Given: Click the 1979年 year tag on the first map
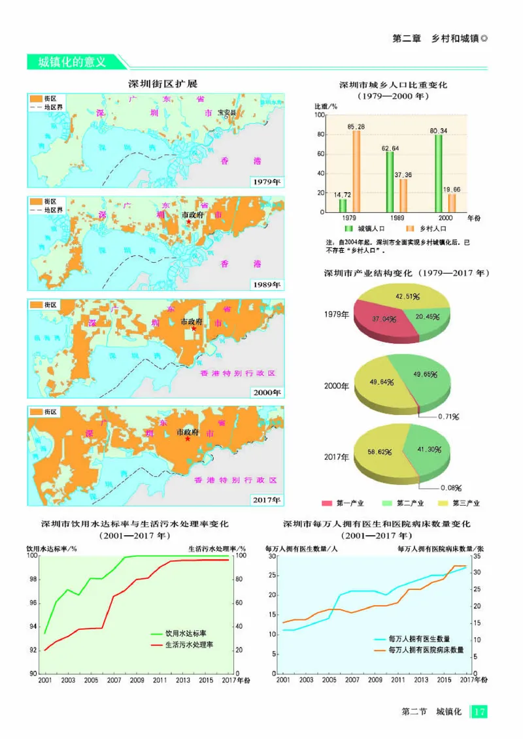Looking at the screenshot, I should (265, 182).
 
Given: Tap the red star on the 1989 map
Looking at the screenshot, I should (189, 222).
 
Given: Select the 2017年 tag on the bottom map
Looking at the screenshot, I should (265, 500).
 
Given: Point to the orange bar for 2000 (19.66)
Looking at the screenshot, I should (452, 203).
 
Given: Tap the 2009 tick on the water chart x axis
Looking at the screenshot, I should (137, 680).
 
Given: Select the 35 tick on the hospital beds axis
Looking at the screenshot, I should (476, 556).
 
